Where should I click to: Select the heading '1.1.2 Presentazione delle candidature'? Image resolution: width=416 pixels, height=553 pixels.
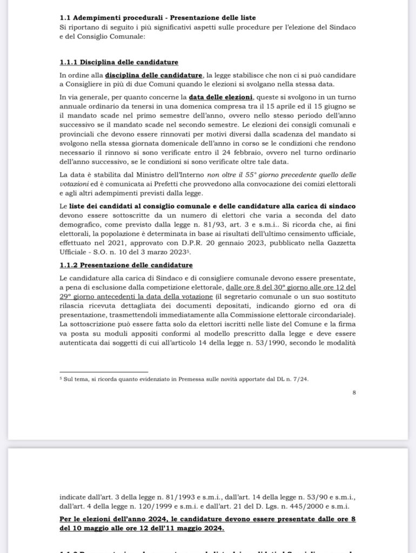pyautogui.click(x=126, y=265)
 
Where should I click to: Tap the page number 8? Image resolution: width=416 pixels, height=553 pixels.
pyautogui.click(x=354, y=393)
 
